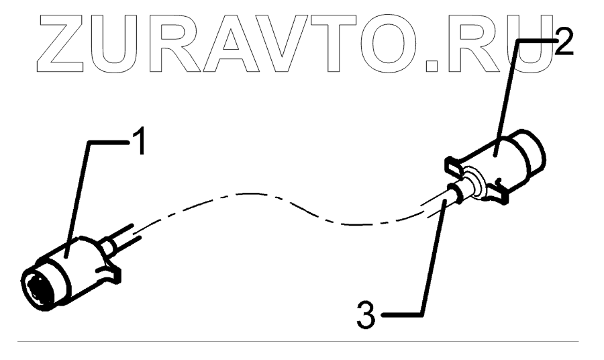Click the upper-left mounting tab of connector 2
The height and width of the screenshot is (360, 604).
454,163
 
